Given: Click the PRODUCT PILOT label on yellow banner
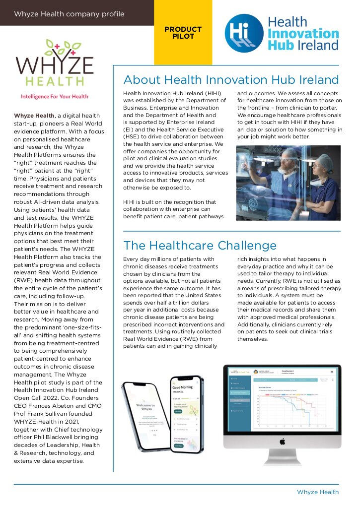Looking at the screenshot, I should (183, 33).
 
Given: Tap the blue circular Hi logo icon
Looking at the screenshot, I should (243, 33).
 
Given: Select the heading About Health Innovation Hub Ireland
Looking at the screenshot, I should (231, 80).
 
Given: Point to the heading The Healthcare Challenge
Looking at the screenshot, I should (200, 245).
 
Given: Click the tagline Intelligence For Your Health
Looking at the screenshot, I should (54, 96).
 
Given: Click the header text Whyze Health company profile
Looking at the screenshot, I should (69, 13).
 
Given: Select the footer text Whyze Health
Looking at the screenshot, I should (318, 492).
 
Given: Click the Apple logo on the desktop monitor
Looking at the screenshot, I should (282, 441).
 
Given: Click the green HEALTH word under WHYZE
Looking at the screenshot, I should (55, 80).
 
